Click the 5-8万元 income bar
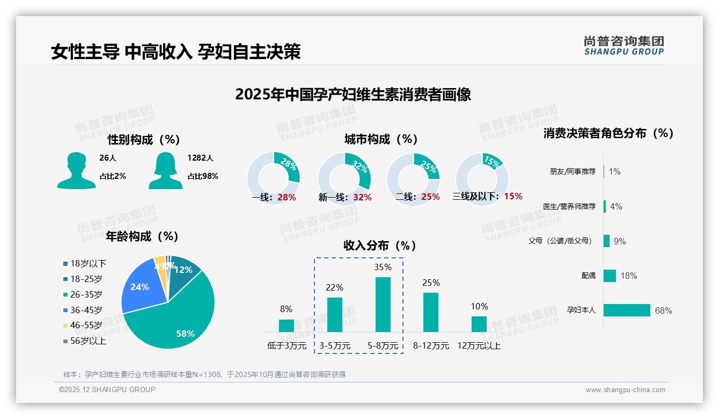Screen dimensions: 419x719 [x=383, y=304]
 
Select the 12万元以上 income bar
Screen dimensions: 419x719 [x=479, y=324]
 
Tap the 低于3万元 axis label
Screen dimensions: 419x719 [x=287, y=346]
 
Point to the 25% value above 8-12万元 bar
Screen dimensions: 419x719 [x=431, y=283]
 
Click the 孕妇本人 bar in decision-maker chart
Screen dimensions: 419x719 [x=627, y=310]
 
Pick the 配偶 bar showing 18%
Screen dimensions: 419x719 [x=610, y=276]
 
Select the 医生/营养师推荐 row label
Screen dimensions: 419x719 [x=569, y=206]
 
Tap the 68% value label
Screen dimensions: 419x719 [x=663, y=311]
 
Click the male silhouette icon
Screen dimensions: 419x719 [x=76, y=170]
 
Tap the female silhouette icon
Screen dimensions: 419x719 [x=165, y=170]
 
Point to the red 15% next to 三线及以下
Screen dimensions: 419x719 [x=513, y=197]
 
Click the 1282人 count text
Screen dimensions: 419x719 [x=200, y=158]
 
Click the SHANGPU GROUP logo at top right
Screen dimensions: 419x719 [x=623, y=46]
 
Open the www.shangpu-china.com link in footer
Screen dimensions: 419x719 [x=625, y=390]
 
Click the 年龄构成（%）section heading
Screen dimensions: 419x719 [x=142, y=236]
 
